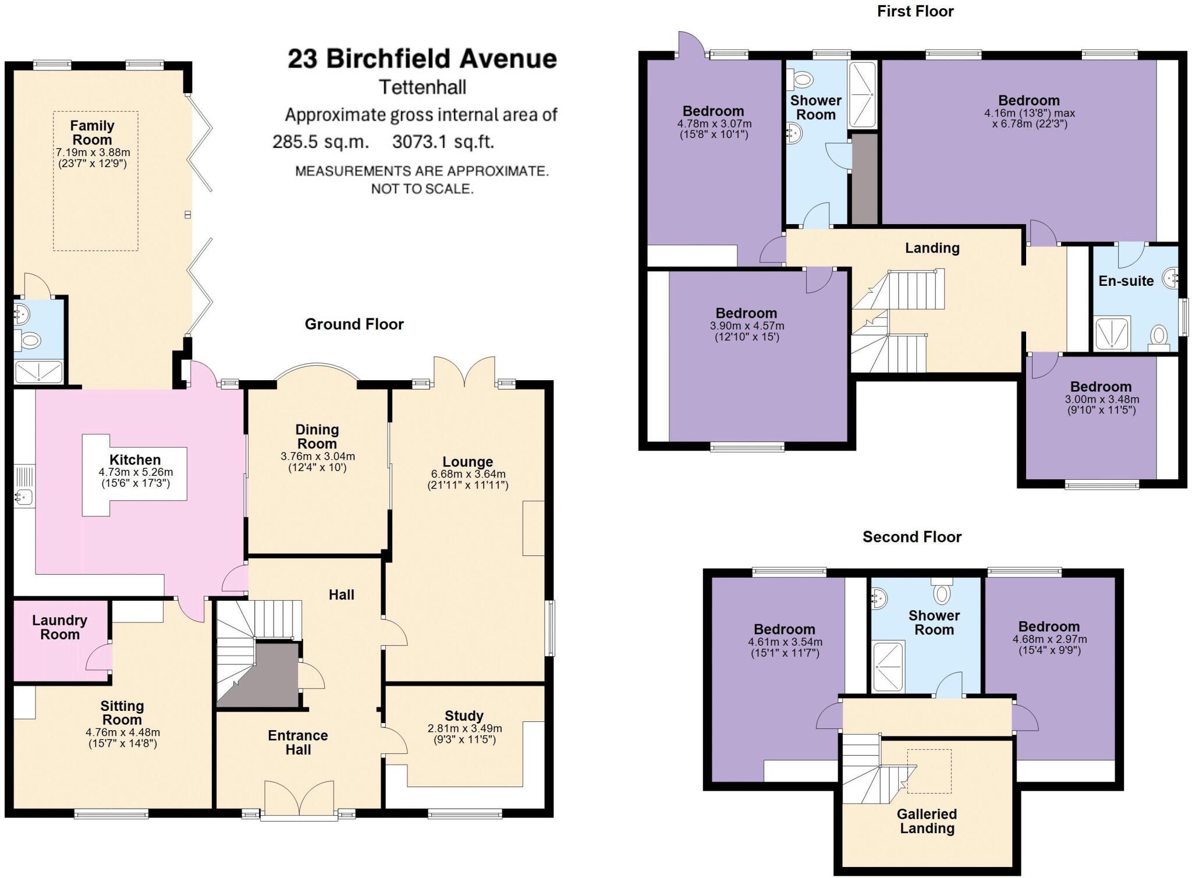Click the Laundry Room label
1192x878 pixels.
pos(59,627)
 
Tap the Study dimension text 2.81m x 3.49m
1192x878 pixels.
pos(464,728)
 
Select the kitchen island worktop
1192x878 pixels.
pos(134,475)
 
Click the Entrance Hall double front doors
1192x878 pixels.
pos(299,799)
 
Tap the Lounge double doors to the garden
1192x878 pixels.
pos(464,373)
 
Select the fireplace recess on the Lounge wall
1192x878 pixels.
pos(533,528)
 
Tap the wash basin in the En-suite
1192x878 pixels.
pos(1172,278)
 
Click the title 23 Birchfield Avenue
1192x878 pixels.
pos(422,59)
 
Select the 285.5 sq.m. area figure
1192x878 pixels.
pos(321,141)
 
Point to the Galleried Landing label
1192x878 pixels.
pos(927,821)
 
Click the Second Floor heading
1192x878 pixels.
pos(911,536)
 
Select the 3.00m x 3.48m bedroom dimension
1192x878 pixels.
pos(1102,399)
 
